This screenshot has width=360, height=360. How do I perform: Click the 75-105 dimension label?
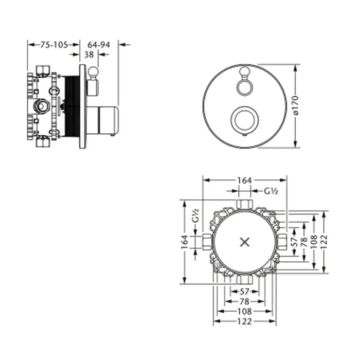click(x=54, y=45)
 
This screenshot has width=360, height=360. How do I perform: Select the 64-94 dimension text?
click(x=99, y=45)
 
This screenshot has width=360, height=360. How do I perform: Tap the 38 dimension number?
click(x=89, y=55)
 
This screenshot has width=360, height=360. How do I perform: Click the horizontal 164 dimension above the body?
click(x=244, y=181)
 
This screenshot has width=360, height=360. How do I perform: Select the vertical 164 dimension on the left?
click(x=185, y=242)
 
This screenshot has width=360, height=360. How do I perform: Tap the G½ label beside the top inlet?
click(x=271, y=191)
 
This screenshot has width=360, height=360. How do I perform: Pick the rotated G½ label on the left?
click(x=195, y=215)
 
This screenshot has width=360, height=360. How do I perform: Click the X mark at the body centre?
click(x=245, y=242)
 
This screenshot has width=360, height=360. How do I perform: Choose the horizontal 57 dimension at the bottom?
click(x=244, y=292)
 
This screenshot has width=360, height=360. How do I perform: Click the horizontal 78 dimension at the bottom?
click(x=244, y=301)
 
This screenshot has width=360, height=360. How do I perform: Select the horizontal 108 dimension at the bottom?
click(x=244, y=311)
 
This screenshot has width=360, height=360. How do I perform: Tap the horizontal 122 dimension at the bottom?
click(x=244, y=321)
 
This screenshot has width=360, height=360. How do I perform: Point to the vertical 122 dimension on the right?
click(x=323, y=242)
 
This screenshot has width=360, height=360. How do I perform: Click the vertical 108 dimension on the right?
click(x=314, y=242)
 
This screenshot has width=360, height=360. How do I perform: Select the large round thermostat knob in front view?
click(x=245, y=120)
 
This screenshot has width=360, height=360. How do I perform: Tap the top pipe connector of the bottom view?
click(x=245, y=204)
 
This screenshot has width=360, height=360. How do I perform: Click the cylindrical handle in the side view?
click(x=103, y=120)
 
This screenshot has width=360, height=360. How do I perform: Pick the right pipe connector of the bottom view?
click(x=281, y=242)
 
